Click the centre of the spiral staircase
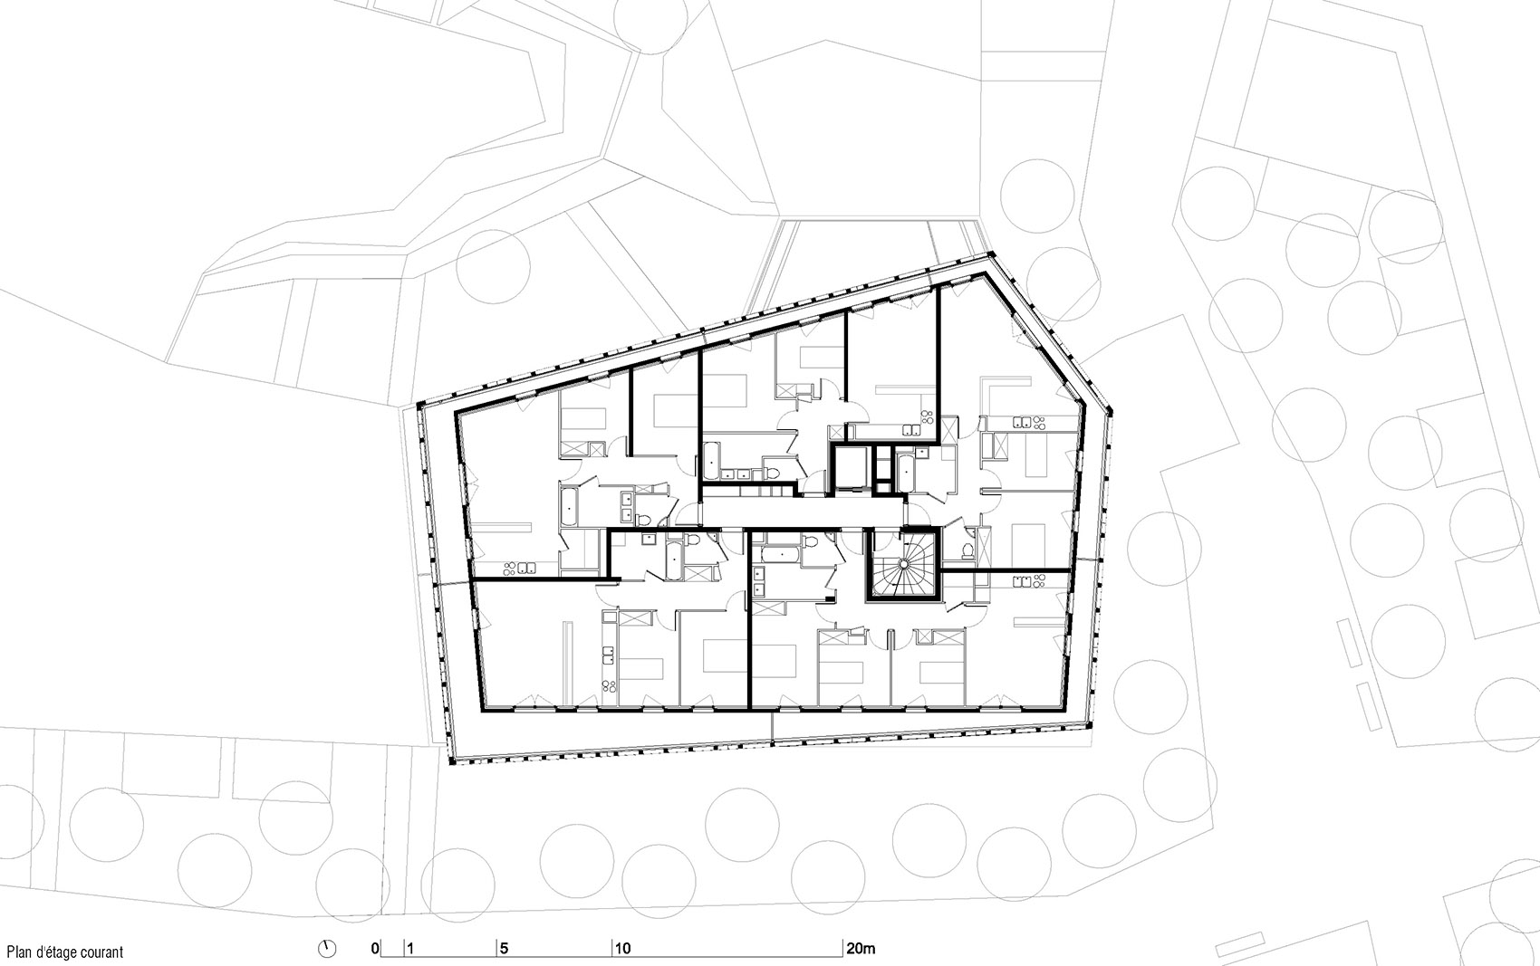[903, 565]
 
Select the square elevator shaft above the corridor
[852, 470]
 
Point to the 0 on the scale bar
[374, 950]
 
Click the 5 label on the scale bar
[504, 950]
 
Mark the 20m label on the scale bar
[861, 950]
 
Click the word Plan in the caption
[20, 952]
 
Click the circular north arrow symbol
[328, 949]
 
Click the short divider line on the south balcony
[772, 726]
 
